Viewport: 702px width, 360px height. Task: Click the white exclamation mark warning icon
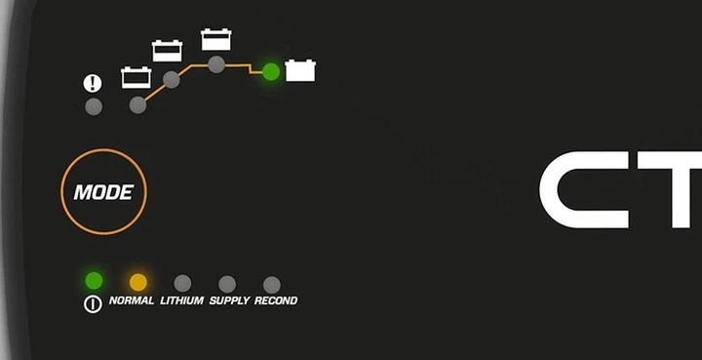(93, 83)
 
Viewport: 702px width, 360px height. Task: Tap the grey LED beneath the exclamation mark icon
(94, 107)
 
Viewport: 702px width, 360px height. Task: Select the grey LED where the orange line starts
(137, 105)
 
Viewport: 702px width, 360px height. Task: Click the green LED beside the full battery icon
(271, 71)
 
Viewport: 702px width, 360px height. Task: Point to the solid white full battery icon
(300, 71)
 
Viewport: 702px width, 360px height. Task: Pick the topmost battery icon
(216, 39)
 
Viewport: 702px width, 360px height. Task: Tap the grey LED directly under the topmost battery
(216, 64)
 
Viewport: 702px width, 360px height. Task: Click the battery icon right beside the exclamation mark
(136, 77)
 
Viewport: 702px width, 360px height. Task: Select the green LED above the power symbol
(94, 281)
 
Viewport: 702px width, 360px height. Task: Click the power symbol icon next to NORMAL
(93, 304)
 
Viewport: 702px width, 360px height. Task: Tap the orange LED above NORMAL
(138, 283)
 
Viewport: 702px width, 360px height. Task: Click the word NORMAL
(132, 300)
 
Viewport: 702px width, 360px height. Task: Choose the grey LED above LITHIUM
(182, 284)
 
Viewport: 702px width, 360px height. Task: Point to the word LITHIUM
(181, 300)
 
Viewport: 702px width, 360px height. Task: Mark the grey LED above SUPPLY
(227, 284)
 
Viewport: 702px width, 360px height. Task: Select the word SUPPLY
(229, 300)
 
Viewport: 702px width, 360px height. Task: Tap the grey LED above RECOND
(272, 285)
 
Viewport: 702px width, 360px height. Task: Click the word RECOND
(276, 300)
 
